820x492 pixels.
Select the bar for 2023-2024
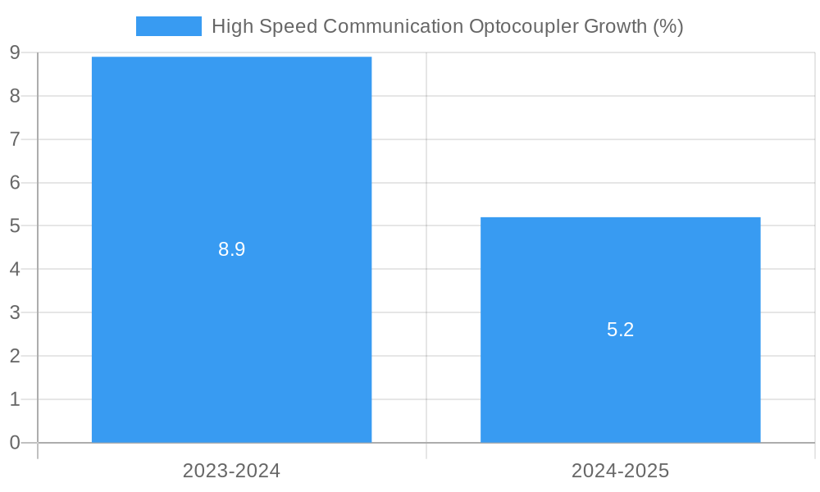click(x=231, y=164)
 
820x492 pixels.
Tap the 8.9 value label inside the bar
click(x=231, y=250)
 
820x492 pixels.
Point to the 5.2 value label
click(x=620, y=330)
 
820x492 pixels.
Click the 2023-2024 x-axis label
click(x=231, y=471)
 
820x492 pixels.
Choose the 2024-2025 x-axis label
click(x=620, y=471)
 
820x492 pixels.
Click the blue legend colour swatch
click(x=168, y=26)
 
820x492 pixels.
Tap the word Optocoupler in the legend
click(x=522, y=26)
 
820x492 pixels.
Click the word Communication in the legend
click(x=393, y=26)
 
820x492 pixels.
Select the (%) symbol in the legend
click(x=668, y=26)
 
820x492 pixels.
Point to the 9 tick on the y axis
click(x=15, y=53)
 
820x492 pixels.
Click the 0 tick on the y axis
click(x=15, y=443)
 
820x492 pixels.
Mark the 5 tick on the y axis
click(x=15, y=226)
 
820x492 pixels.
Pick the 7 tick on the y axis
click(x=15, y=139)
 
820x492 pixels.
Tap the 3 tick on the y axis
click(x=15, y=312)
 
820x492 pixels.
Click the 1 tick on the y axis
click(x=15, y=399)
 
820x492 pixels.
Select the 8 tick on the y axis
click(x=15, y=96)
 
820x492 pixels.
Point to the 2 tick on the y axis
click(x=15, y=356)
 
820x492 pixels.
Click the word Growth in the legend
click(x=615, y=26)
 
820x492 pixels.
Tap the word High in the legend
click(x=230, y=26)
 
